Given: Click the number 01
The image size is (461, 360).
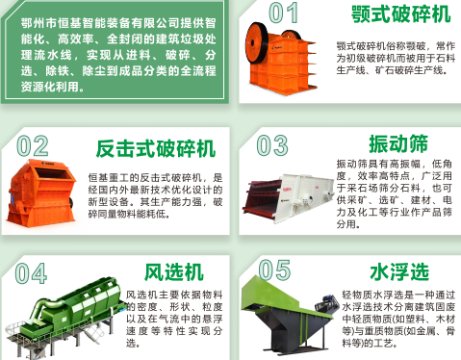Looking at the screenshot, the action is coord(283,13).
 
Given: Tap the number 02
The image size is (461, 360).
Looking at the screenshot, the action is coord(33,145).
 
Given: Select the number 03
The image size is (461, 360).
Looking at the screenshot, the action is coord(272,145).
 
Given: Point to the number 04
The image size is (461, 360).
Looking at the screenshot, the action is coord(31,273).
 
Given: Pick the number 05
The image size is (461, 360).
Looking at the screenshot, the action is coord(274,270).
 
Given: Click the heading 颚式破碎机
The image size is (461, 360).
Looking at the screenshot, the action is coord(400,13).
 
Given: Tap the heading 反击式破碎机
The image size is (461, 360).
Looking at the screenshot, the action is coord(156,148).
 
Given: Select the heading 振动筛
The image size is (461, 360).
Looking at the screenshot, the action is coord(398,143).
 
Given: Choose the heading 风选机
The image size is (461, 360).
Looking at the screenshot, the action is coord(174,272).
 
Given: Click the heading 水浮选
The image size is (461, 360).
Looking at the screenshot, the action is coord(399,271).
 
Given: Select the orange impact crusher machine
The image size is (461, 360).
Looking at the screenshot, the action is coord(41,193).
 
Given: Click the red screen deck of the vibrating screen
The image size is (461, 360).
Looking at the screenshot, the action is coord(262,197).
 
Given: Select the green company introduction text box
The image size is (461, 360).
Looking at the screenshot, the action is coord(115,51).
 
